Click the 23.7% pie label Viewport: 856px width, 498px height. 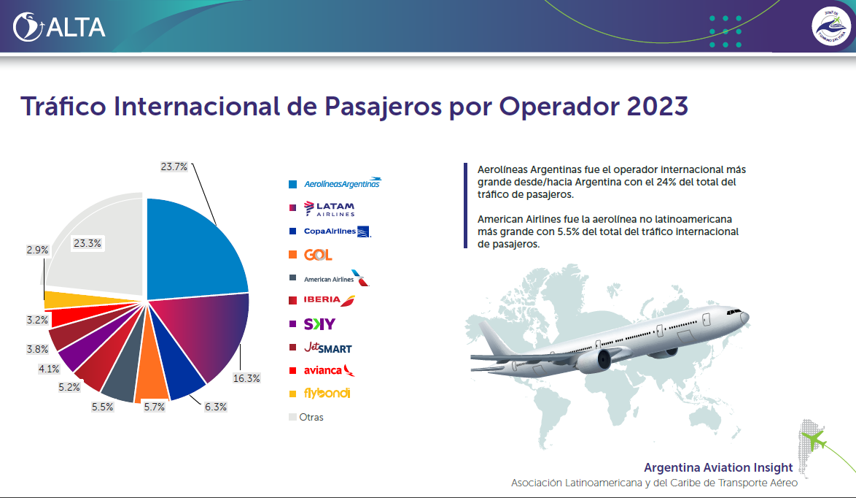pos(174,166)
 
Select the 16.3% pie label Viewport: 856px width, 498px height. pos(246,378)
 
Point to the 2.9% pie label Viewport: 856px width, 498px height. pos(37,250)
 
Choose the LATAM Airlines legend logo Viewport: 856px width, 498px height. pos(328,209)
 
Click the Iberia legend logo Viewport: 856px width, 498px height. pos(327,300)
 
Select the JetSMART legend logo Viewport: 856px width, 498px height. pos(327,347)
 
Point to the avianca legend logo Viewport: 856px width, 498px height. pos(328,369)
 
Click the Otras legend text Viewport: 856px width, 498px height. pos(311,417)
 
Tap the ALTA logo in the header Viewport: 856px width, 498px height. pos(60,27)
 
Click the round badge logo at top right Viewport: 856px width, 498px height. pos(832,27)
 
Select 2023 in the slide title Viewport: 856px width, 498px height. pos(657,106)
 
